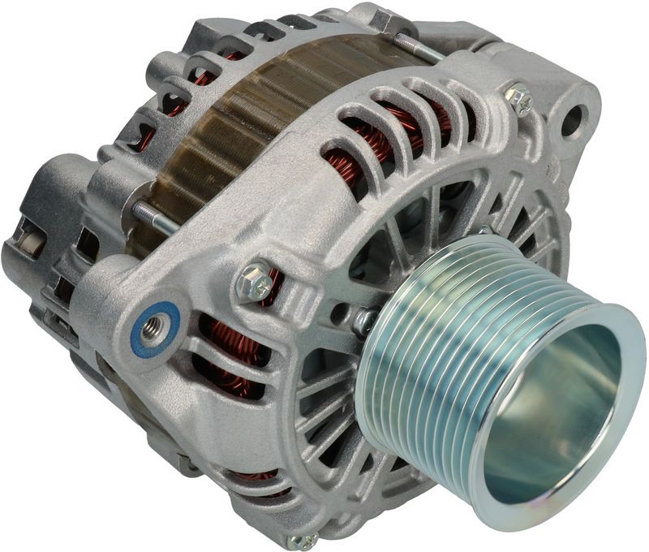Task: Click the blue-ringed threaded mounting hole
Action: pos(154,328)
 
